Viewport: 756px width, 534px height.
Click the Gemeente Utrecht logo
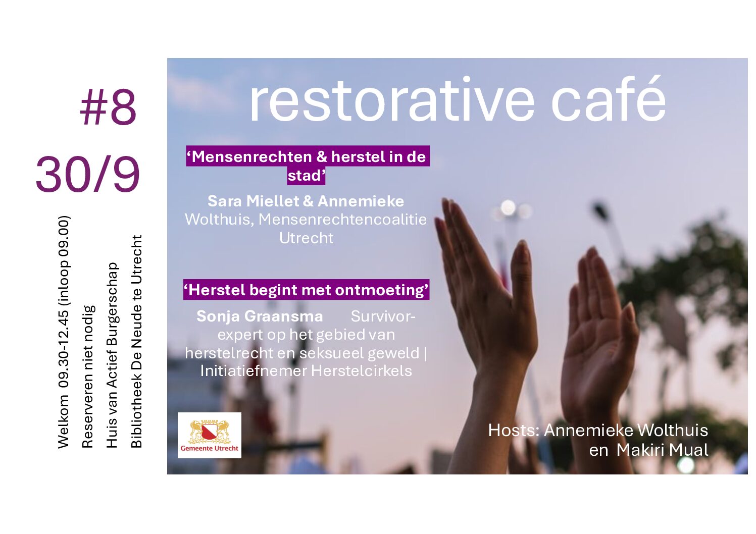[x=209, y=435]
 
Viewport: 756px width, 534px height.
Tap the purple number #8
[x=109, y=107]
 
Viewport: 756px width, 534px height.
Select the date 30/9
[x=88, y=175]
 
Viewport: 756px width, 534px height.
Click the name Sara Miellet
[x=254, y=201]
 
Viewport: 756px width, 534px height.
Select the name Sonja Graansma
[x=260, y=316]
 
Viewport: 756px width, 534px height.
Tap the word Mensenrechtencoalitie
[x=342, y=220]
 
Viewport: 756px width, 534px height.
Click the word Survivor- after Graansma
[x=383, y=316]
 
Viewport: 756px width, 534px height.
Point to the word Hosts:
[x=514, y=431]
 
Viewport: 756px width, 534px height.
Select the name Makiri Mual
[x=663, y=450]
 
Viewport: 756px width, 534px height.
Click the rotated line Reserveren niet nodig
[x=87, y=377]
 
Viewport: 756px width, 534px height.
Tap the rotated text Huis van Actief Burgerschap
[x=112, y=355]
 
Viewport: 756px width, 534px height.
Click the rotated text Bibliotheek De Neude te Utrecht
[x=136, y=341]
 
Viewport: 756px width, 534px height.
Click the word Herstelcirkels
[x=362, y=371]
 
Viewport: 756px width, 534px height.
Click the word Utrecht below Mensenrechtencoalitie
[x=307, y=238]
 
